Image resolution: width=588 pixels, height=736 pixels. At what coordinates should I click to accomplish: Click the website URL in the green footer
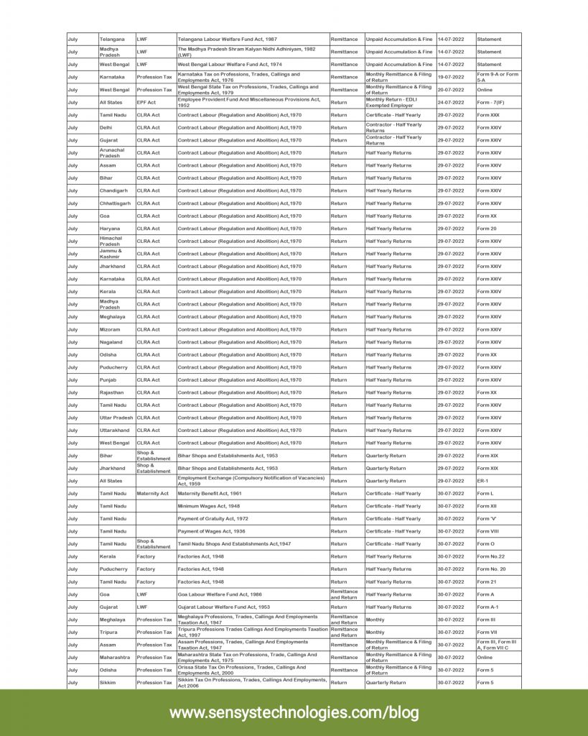tap(294, 712)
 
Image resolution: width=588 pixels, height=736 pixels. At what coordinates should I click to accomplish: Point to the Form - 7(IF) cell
tap(491, 102)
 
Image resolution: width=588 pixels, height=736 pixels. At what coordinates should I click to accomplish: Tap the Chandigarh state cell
tap(113, 190)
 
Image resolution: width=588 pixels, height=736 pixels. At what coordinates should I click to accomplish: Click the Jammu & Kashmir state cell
tap(111, 254)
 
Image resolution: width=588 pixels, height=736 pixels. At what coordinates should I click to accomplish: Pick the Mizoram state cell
tap(110, 329)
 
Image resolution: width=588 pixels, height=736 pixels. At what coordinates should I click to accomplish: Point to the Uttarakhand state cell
tap(115, 431)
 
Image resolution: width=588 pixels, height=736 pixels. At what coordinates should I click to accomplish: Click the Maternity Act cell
tap(153, 493)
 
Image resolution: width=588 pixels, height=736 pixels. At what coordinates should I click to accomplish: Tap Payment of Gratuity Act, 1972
tap(213, 518)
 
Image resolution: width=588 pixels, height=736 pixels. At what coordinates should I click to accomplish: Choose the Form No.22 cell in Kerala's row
tap(491, 556)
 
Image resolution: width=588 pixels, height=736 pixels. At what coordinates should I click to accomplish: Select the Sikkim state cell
tap(108, 683)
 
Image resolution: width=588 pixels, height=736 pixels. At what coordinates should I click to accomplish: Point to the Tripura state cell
tap(108, 632)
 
